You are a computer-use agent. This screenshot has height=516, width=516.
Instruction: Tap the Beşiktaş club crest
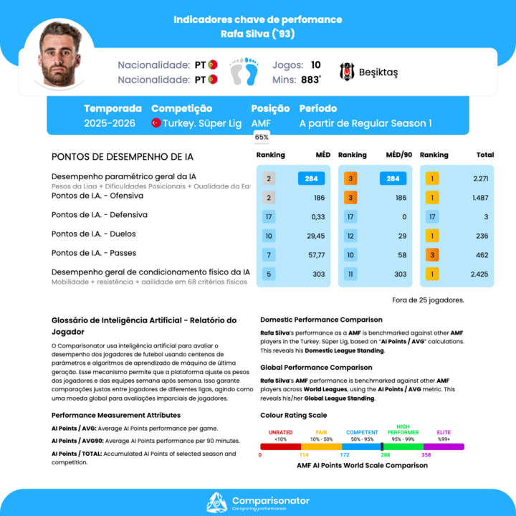click(347, 72)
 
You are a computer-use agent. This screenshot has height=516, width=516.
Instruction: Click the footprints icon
click(244, 72)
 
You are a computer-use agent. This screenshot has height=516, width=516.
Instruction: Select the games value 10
click(315, 64)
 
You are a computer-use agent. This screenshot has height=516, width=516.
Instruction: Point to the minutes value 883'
click(310, 80)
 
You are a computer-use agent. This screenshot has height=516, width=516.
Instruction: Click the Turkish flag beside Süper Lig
click(156, 123)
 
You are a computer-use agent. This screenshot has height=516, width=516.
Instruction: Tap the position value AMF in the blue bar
click(261, 123)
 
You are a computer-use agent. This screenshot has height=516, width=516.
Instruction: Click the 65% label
click(262, 137)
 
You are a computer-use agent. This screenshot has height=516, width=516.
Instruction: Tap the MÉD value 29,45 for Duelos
click(315, 236)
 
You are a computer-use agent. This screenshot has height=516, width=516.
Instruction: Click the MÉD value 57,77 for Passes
click(315, 254)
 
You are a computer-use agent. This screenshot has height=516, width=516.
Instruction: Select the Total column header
click(485, 155)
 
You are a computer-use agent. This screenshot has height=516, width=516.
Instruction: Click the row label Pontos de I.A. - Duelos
click(94, 234)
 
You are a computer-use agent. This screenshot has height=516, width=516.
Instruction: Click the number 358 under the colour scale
click(426, 455)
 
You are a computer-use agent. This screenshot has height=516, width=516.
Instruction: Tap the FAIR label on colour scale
click(321, 432)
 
